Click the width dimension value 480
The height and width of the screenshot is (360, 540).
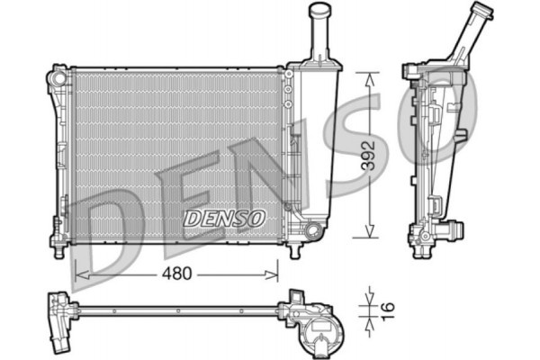coord(176,274)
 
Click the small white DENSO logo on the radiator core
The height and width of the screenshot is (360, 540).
coord(223,218)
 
